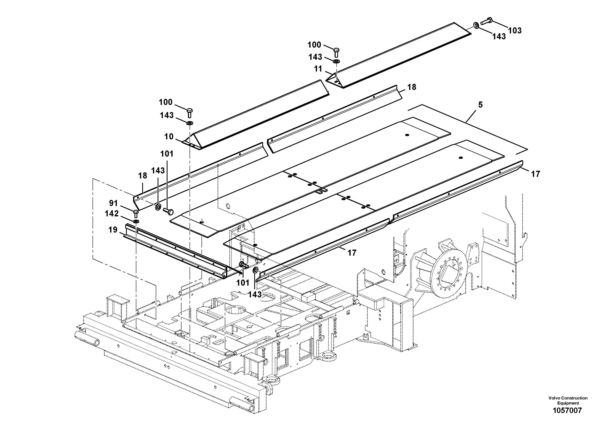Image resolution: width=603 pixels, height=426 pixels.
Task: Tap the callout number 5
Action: pos(480,105)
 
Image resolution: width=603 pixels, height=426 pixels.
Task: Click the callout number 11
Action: pos(318,69)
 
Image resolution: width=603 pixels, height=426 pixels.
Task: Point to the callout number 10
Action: pos(169,137)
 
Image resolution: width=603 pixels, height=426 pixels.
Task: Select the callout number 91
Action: pos(113,203)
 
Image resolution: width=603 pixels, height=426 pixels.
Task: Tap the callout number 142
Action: pos(112,214)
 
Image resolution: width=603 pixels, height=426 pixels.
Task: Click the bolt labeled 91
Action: pos(136,213)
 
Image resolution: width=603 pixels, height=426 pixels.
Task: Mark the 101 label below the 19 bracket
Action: pos(243,283)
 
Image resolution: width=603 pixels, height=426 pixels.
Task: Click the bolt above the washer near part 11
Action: pos(336,52)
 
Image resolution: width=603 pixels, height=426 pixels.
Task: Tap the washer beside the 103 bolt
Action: pos(476,25)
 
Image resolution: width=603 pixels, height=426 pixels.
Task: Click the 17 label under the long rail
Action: pos(352,253)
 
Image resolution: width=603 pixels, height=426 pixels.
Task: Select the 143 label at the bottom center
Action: pos(255,294)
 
